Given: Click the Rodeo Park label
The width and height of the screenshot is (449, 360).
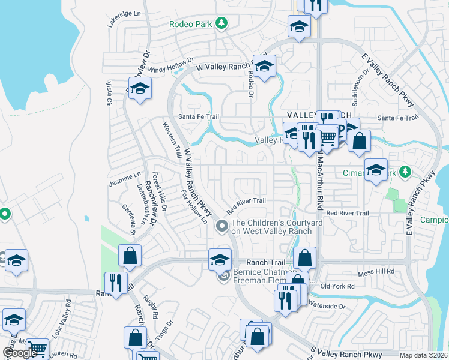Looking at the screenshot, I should pos(191,23).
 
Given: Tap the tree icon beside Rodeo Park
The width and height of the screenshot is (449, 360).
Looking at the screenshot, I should pos(222,23).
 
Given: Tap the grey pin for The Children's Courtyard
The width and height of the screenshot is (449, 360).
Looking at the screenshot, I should pos(222,226).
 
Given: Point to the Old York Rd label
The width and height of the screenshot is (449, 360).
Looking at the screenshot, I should pos(338,286).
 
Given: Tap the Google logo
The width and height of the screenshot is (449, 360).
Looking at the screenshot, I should pos(20,353).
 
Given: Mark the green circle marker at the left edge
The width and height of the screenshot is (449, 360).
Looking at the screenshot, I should pos(5,213).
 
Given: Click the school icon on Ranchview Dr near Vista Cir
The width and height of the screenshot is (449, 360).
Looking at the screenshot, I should pos(140,89).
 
